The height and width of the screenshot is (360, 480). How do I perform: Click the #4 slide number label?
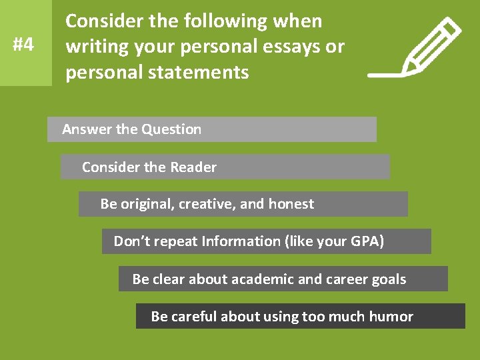[23, 45]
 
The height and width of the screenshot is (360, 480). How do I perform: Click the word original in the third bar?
[148, 204]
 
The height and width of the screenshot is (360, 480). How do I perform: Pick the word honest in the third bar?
[291, 204]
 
